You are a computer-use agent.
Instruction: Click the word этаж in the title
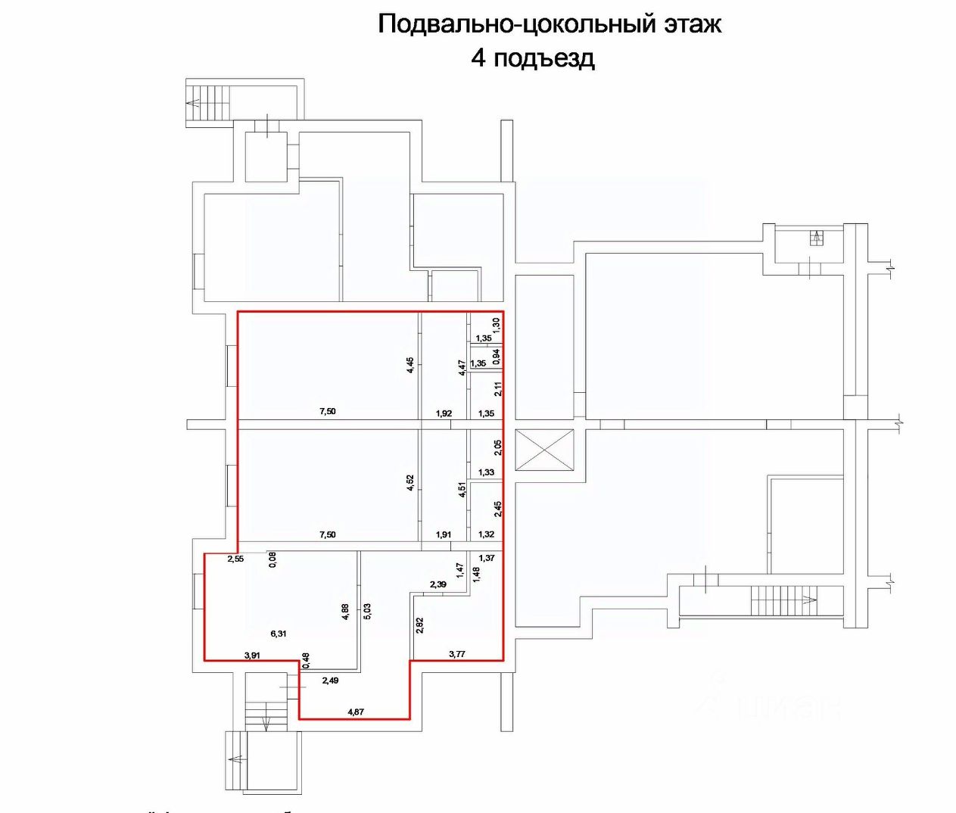click(x=693, y=24)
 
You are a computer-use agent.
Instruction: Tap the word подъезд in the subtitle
click(x=543, y=58)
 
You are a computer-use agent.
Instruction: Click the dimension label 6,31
click(x=279, y=634)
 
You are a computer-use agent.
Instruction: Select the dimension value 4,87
click(x=356, y=712)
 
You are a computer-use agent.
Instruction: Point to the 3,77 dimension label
click(x=456, y=654)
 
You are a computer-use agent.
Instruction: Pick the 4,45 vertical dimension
click(x=410, y=365)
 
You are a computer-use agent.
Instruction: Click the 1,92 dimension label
click(x=444, y=413)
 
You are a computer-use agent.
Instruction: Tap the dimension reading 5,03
click(x=367, y=611)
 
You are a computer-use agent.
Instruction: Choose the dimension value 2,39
click(x=438, y=584)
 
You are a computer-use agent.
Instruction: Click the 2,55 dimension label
click(x=235, y=559)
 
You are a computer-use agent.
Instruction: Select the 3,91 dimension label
click(x=252, y=656)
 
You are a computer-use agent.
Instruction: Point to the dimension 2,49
click(x=330, y=681)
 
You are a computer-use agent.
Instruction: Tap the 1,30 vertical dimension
click(x=497, y=322)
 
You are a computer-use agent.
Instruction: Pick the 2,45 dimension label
click(x=497, y=509)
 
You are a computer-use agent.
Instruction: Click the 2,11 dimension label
click(x=497, y=389)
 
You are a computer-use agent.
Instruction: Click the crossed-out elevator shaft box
click(x=544, y=450)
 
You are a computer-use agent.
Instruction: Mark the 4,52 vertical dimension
click(x=410, y=483)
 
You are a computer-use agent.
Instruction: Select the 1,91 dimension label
click(x=444, y=534)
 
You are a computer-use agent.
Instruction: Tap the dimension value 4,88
click(x=346, y=612)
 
